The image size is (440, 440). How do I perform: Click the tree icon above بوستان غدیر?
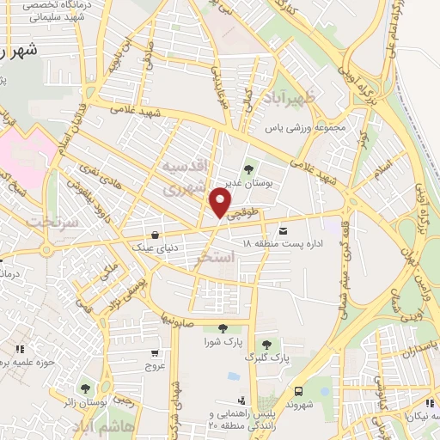[x=249, y=170]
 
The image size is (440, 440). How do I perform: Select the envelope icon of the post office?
[x=284, y=229]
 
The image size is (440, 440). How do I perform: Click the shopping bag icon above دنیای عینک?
[x=155, y=235]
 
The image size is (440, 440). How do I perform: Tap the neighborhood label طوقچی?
[x=245, y=218]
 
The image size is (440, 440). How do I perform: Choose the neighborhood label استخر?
[x=215, y=257]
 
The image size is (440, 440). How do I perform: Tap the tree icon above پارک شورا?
[x=222, y=327]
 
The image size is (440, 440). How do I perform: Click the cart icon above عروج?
[x=154, y=352]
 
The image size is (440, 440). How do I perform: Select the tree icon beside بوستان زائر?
[x=84, y=388]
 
